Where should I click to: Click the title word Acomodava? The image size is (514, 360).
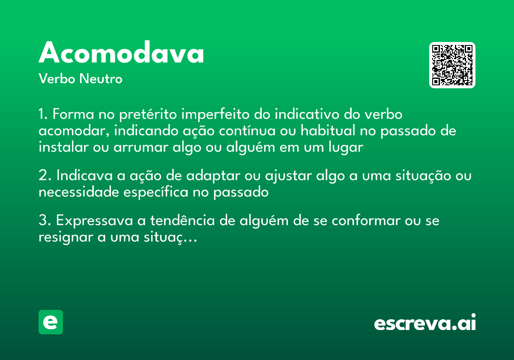[x=121, y=54]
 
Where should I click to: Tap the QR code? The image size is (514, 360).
[x=452, y=65]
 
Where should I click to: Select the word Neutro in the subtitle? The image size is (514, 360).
[x=101, y=79]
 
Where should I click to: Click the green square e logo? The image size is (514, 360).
[x=51, y=322]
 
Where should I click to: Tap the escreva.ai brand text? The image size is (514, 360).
[x=425, y=323]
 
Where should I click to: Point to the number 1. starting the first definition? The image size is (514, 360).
[x=43, y=115]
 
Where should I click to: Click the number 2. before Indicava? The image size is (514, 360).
[x=44, y=176]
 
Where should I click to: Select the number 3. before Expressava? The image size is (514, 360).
[x=44, y=221]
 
